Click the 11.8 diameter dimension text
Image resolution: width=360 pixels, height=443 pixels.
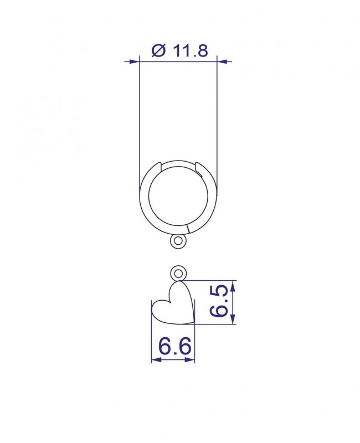(x=191, y=51)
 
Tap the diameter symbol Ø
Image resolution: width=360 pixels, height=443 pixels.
(x=158, y=51)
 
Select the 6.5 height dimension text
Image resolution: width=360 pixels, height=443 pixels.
(x=219, y=302)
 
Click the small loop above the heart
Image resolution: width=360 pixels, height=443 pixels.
(x=178, y=274)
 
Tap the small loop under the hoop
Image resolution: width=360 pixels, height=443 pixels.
(x=178, y=241)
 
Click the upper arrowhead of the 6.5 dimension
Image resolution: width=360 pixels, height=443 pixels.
(x=233, y=287)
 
